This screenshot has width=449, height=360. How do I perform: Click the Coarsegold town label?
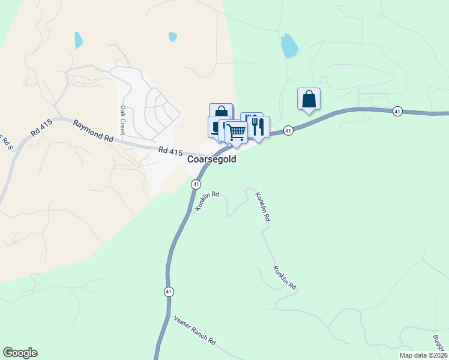(212, 160)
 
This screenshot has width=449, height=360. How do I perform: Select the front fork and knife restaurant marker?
(259, 127)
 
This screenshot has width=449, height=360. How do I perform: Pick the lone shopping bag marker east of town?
(309, 99)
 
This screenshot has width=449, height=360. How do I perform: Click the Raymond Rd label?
(94, 131)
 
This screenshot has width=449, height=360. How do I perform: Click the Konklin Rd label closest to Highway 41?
(207, 202)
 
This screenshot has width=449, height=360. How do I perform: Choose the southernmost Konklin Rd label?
(285, 278)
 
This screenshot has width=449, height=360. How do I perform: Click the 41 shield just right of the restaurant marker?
(289, 130)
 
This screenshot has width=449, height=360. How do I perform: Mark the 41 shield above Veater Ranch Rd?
(169, 292)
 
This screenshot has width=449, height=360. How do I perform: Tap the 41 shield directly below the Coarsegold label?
(196, 184)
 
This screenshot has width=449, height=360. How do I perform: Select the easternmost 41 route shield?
(397, 111)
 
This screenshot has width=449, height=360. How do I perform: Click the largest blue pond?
(289, 45)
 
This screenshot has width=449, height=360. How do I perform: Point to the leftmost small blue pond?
(78, 40)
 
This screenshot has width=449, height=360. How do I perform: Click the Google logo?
(20, 353)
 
